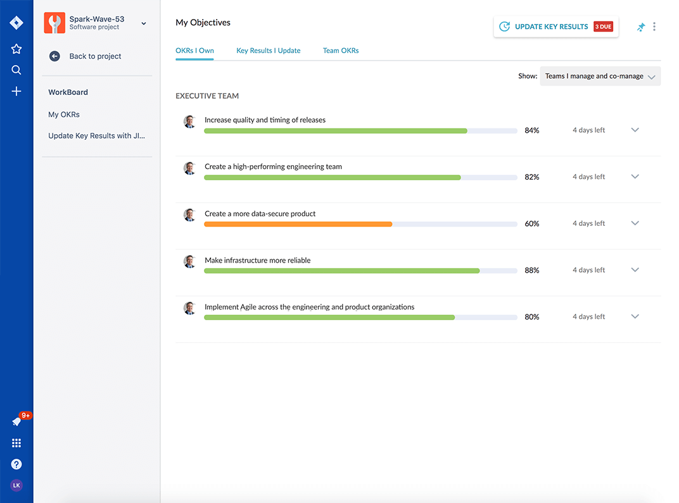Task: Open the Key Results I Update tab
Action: pos(268,51)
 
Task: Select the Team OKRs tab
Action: pos(341,51)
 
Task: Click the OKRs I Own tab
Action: pos(194,51)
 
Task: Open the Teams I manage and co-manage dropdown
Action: pos(600,76)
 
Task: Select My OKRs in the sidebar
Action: pos(64,115)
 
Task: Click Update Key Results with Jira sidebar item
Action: pos(97,135)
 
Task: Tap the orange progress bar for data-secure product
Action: pos(298,224)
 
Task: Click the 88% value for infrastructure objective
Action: pos(531,270)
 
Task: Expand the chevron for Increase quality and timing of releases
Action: pos(635,130)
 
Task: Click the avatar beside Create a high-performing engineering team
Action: pos(189,168)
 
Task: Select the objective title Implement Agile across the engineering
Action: pos(309,307)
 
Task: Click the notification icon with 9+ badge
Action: pos(17,421)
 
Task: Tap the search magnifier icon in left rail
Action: pos(16,70)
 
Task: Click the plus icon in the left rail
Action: pos(16,91)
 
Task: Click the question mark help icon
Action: pos(16,464)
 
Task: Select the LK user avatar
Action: pos(16,485)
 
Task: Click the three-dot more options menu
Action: pos(654,27)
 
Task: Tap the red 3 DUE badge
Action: pos(603,27)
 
